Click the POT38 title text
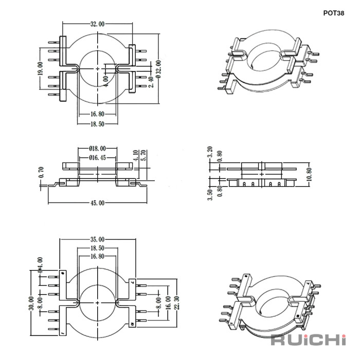click(x=334, y=13)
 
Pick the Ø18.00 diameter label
click(x=97, y=149)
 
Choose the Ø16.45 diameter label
click(x=97, y=157)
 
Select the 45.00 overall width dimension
click(x=97, y=203)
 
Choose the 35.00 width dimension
click(x=97, y=240)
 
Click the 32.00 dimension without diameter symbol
click(x=97, y=24)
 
